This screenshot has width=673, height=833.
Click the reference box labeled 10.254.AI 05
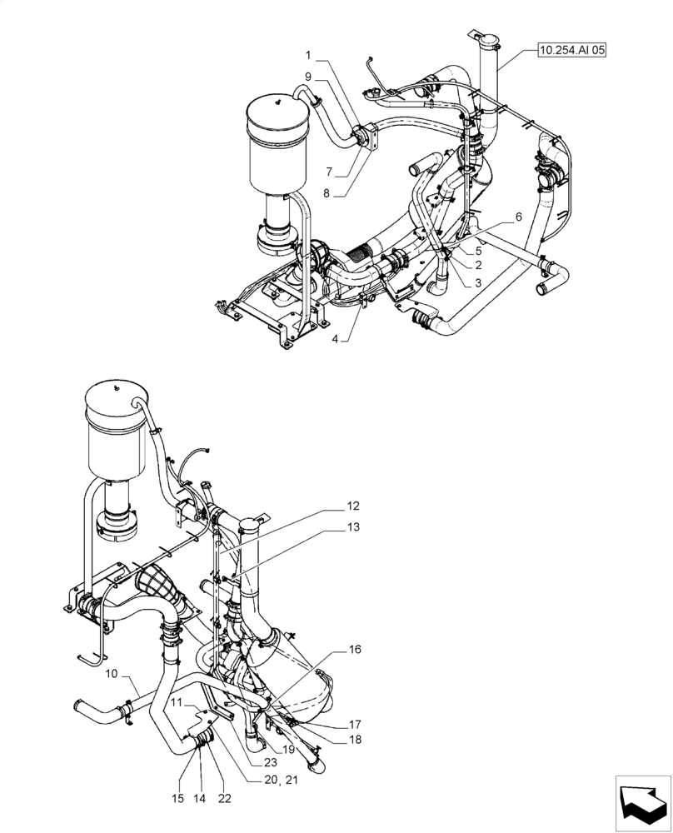pos(572,51)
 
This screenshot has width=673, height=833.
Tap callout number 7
pos(331,171)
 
